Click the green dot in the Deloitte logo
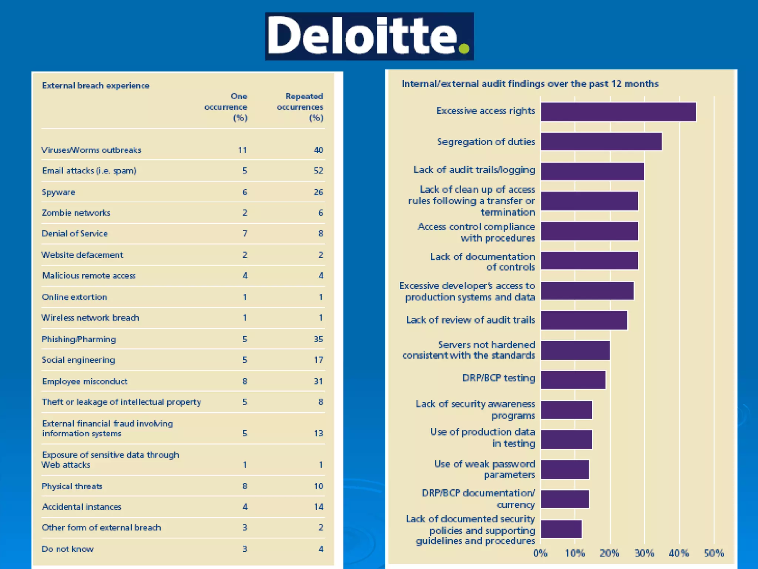point(464,49)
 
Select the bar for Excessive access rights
point(618,112)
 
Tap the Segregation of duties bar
point(601,142)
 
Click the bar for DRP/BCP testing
point(573,380)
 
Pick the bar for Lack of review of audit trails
point(584,320)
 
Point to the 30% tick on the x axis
point(644,553)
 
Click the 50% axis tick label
point(714,553)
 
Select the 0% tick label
point(540,553)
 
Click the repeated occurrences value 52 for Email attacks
point(318,171)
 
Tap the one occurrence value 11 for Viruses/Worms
point(242,150)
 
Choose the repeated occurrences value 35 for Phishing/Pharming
point(318,339)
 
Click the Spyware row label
point(58,192)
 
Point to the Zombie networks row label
point(76,213)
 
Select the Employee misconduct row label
point(85,382)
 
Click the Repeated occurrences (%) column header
point(300,107)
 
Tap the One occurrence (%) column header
point(226,107)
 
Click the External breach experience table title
point(96,86)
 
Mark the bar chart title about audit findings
point(530,84)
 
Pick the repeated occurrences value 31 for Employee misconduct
point(318,382)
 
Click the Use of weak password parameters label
point(485,469)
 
